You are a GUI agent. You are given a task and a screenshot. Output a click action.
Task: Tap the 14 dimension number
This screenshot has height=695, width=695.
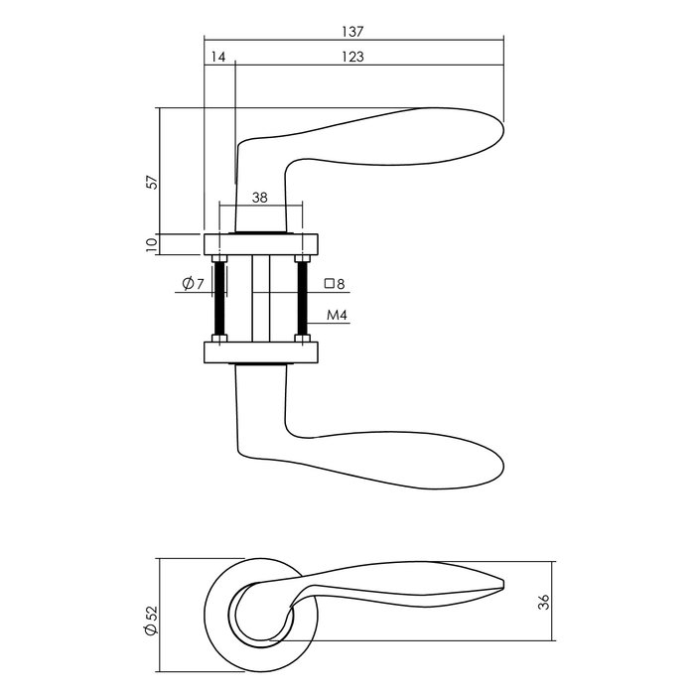click(x=218, y=58)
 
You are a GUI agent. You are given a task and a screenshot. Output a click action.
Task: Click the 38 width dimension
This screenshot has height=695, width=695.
click(x=260, y=198)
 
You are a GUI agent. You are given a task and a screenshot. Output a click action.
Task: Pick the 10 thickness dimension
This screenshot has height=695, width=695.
click(x=152, y=243)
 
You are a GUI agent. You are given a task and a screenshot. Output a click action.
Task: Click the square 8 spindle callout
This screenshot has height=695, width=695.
click(x=335, y=284)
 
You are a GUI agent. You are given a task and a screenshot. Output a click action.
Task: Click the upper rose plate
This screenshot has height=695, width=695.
click(x=260, y=244)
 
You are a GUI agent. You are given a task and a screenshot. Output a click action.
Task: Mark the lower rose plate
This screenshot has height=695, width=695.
click(x=260, y=352)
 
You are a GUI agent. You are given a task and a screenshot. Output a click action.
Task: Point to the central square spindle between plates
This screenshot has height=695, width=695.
click(x=260, y=298)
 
